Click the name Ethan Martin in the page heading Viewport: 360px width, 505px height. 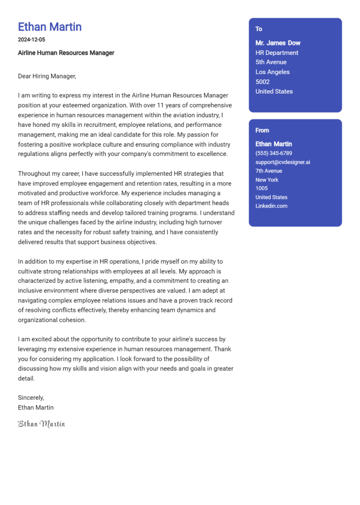pos(50,27)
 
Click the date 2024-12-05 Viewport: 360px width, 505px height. pos(31,40)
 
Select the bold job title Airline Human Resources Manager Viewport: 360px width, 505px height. pos(66,53)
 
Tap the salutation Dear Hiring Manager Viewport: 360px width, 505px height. pos(47,76)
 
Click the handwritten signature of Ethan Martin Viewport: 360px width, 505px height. pos(41,424)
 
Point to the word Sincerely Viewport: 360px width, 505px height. pos(31,398)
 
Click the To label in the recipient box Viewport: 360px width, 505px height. pos(259,29)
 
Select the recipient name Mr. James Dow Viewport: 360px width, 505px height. pos(278,43)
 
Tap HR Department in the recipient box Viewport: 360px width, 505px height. pos(277,53)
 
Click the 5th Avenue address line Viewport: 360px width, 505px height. pos(271,62)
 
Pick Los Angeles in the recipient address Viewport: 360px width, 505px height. pos(272,72)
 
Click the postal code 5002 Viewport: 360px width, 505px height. pos(262,82)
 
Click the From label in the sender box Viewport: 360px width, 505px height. pos(262,130)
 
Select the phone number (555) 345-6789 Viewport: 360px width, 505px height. pos(274,153)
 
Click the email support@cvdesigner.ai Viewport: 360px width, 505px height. pos(283,162)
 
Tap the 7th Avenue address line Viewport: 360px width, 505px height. pos(269,171)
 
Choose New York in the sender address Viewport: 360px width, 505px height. pos(267,180)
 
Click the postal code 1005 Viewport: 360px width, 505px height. pos(262,188)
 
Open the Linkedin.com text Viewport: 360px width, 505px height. pos(271,206)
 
